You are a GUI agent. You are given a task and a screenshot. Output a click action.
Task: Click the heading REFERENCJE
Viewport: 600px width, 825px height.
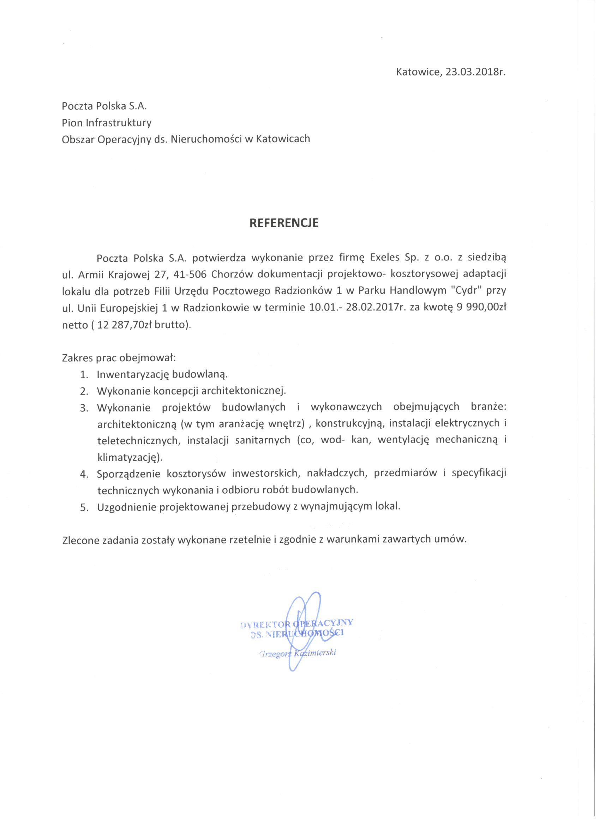pos(284,223)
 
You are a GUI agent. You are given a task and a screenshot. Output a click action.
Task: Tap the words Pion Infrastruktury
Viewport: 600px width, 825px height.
pos(107,122)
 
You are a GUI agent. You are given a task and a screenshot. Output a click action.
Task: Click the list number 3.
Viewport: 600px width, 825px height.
pos(84,408)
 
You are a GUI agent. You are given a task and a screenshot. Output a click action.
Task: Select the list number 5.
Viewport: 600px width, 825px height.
pos(84,508)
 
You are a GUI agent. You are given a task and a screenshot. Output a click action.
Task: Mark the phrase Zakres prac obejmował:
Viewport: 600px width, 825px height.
pos(119,358)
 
